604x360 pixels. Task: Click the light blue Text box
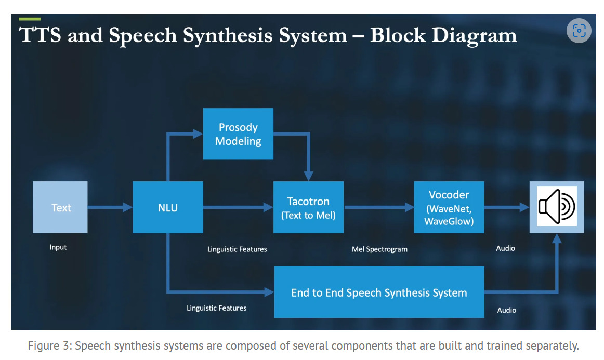click(x=60, y=207)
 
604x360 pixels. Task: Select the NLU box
click(x=168, y=207)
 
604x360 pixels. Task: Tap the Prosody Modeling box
click(x=238, y=134)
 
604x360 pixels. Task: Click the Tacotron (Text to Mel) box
click(x=308, y=207)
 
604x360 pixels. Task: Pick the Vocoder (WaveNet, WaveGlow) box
click(x=449, y=207)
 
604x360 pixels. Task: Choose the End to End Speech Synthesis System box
click(x=379, y=292)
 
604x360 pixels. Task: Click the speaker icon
click(x=557, y=207)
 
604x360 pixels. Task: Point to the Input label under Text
click(x=58, y=247)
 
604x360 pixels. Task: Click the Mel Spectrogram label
click(x=379, y=249)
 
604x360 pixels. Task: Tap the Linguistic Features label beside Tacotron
click(x=237, y=249)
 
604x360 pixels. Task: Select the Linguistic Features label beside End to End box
click(x=216, y=308)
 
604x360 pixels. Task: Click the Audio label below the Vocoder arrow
click(x=505, y=248)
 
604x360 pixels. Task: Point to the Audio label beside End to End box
click(x=507, y=310)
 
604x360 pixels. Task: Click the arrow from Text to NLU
click(x=110, y=208)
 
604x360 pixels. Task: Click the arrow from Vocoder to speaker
click(x=506, y=208)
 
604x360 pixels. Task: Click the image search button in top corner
click(x=579, y=31)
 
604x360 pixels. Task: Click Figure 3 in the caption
click(x=49, y=346)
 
